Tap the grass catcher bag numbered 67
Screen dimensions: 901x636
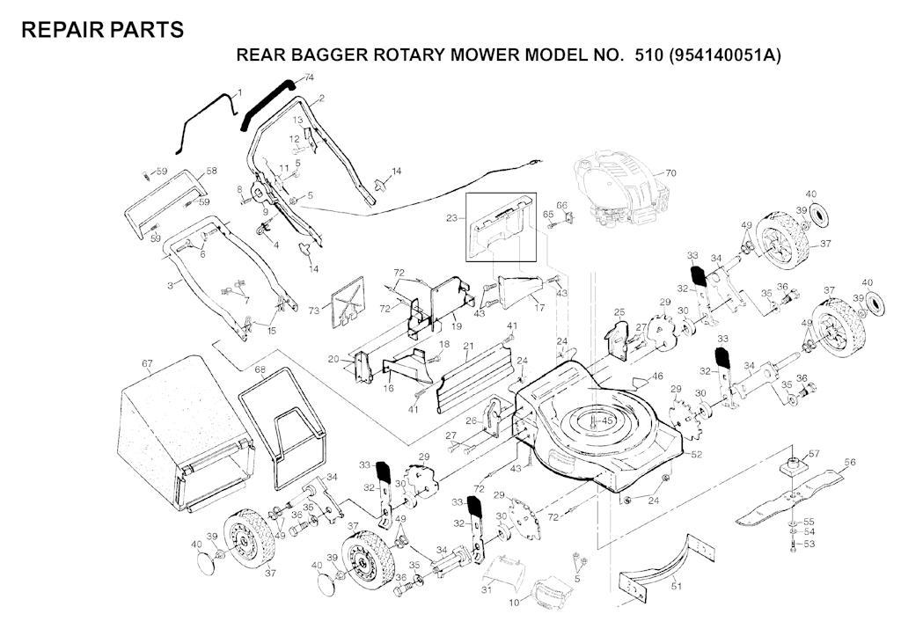point(184,434)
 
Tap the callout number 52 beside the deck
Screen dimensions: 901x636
point(697,455)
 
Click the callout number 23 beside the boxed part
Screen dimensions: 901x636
point(451,218)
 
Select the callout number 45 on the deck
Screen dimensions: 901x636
point(606,421)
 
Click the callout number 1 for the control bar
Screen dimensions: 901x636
point(239,91)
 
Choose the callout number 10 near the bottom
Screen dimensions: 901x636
point(514,602)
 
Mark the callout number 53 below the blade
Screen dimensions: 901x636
point(809,545)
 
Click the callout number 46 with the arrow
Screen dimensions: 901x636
point(657,376)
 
